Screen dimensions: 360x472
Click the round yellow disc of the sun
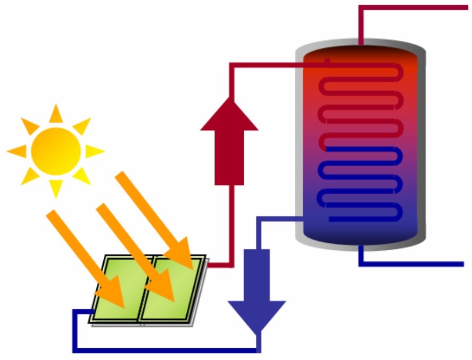tap(56, 151)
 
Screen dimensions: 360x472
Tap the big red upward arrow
tap(229, 144)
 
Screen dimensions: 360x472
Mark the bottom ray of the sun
tap(56, 189)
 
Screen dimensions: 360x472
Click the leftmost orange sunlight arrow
tap(85, 256)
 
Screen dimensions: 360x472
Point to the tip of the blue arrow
tap(257, 330)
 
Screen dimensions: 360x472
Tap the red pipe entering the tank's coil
tap(277, 66)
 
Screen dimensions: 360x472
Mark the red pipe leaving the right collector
tap(219, 264)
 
